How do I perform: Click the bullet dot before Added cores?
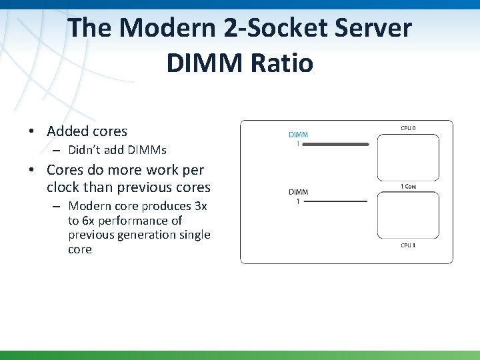coord(33,132)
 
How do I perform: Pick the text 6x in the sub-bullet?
coord(89,220)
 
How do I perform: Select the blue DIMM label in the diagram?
coord(298,135)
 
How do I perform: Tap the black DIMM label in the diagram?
coord(298,193)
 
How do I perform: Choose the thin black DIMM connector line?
coord(337,201)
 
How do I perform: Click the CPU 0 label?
coord(407,127)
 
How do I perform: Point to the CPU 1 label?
coord(407,245)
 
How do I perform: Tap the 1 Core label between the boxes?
coord(408,187)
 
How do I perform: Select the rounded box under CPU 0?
coord(407,157)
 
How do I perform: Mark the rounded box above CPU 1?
coord(407,215)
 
